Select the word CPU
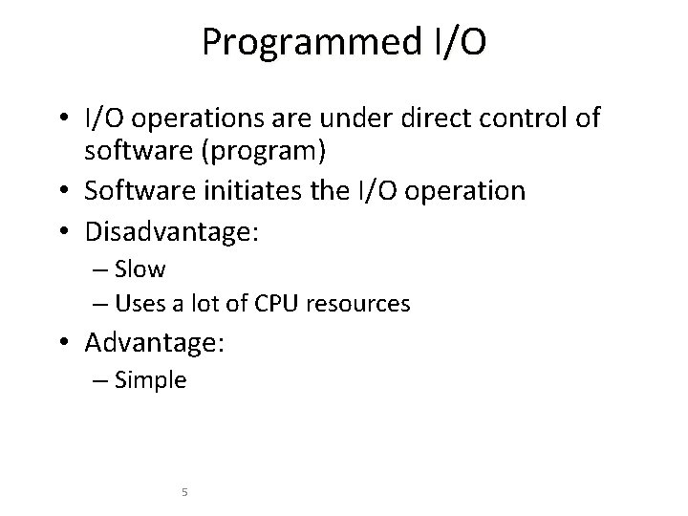coord(275,304)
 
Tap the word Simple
coord(150,380)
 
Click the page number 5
coord(184,492)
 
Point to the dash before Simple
coord(101,380)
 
